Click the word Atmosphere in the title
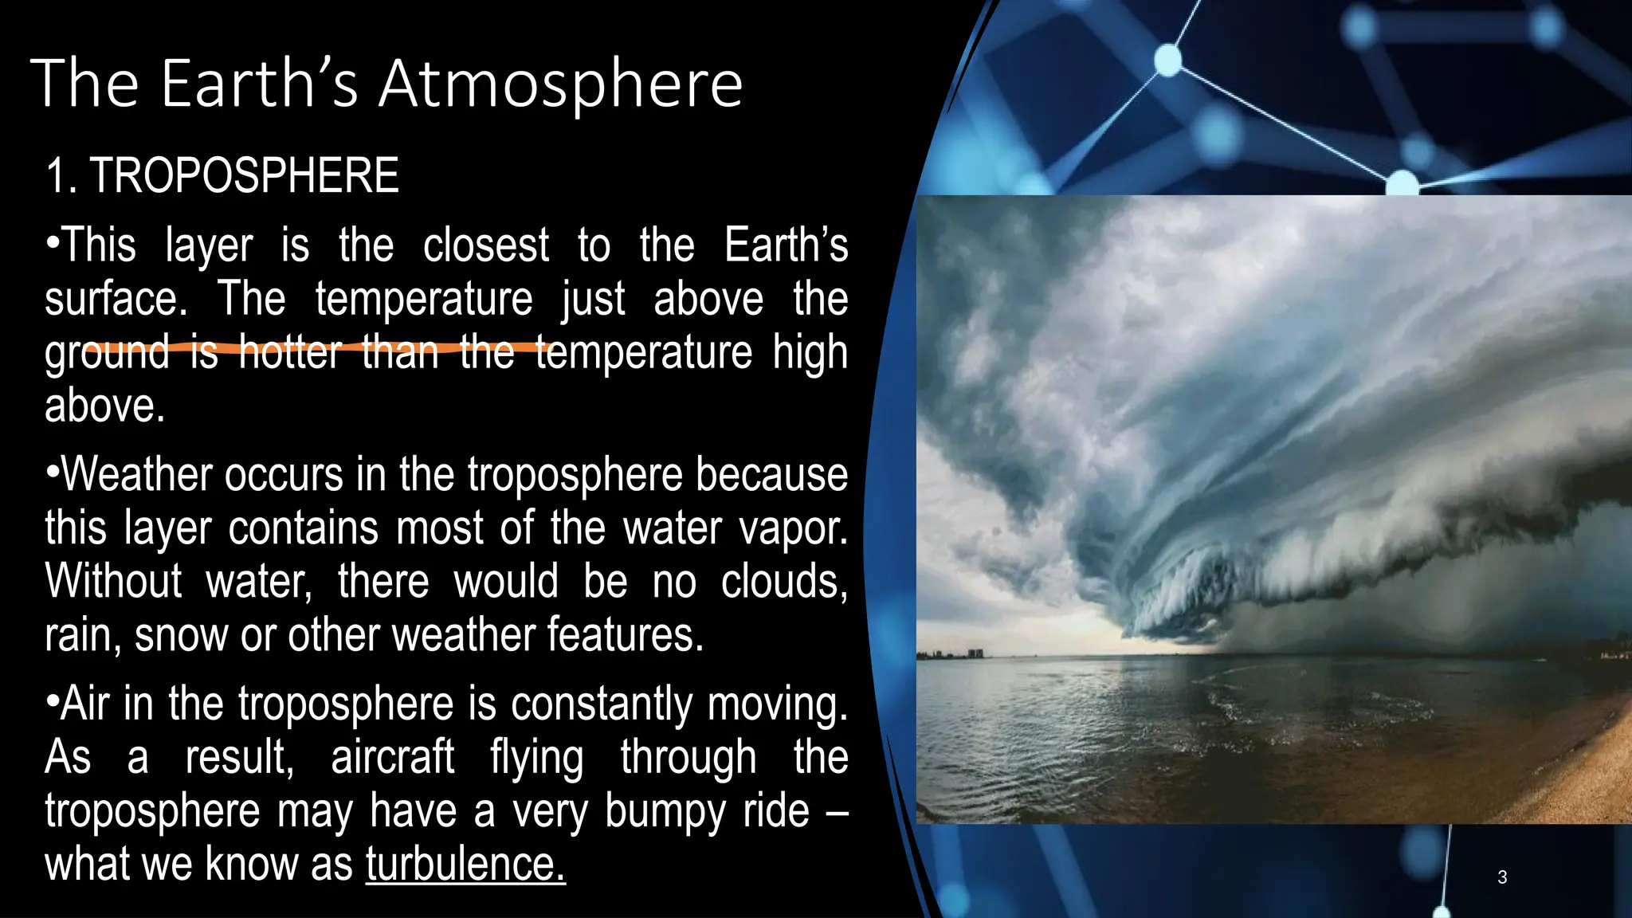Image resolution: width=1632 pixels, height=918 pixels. click(x=560, y=84)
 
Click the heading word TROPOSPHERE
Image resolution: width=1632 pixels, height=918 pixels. click(x=244, y=176)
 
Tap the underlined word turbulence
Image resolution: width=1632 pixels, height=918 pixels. click(x=465, y=864)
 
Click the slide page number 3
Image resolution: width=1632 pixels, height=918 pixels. click(x=1502, y=877)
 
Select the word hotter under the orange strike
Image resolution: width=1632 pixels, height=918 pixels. click(x=290, y=352)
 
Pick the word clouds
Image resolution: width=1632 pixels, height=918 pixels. click(x=783, y=582)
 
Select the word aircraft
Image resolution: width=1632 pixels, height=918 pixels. click(x=392, y=757)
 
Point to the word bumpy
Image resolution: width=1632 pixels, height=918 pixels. click(x=665, y=811)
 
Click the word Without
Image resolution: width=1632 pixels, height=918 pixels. click(x=113, y=582)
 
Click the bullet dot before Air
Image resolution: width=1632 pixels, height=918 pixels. click(x=53, y=702)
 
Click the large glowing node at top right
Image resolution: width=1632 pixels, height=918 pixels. click(x=1167, y=61)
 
